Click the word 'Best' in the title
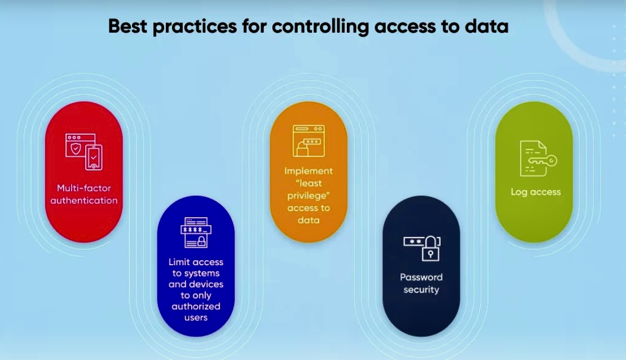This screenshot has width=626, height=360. [128, 27]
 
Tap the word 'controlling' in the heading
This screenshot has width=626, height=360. [320, 27]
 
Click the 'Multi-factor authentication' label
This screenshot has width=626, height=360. [84, 194]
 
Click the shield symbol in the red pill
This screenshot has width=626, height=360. [76, 148]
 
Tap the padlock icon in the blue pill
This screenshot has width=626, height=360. [201, 241]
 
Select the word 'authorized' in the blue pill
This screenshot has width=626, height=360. [196, 306]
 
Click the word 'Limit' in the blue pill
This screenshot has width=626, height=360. [178, 262]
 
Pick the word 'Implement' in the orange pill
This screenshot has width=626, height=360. [308, 172]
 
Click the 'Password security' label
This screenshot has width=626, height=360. [421, 283]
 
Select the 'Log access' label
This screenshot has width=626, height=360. [535, 192]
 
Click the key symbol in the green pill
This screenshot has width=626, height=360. [543, 161]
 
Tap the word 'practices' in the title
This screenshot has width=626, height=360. [195, 27]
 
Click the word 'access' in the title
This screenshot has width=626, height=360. [405, 27]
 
